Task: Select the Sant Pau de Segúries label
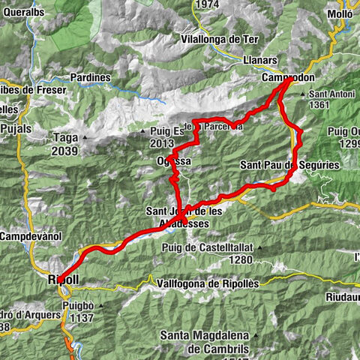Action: click(x=289, y=164)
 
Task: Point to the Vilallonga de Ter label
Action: click(x=217, y=39)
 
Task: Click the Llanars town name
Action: click(x=251, y=59)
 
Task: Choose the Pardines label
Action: click(x=90, y=77)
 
